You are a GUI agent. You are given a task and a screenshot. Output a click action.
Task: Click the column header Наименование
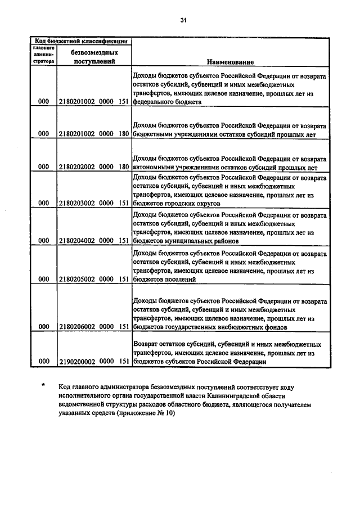click(x=230, y=61)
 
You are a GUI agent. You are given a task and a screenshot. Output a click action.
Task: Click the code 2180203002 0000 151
click(x=94, y=203)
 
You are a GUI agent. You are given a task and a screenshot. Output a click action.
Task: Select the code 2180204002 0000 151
click(x=94, y=240)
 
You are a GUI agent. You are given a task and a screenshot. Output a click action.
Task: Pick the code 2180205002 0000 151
click(x=94, y=278)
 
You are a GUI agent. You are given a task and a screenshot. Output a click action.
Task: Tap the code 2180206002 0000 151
click(x=94, y=326)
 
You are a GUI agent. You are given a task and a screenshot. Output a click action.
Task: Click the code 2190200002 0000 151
click(x=94, y=363)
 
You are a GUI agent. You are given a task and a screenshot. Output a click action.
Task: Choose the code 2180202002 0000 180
click(x=94, y=167)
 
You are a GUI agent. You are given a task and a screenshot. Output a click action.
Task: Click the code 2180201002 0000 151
click(x=94, y=103)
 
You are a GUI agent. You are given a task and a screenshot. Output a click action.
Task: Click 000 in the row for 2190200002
click(x=43, y=363)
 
